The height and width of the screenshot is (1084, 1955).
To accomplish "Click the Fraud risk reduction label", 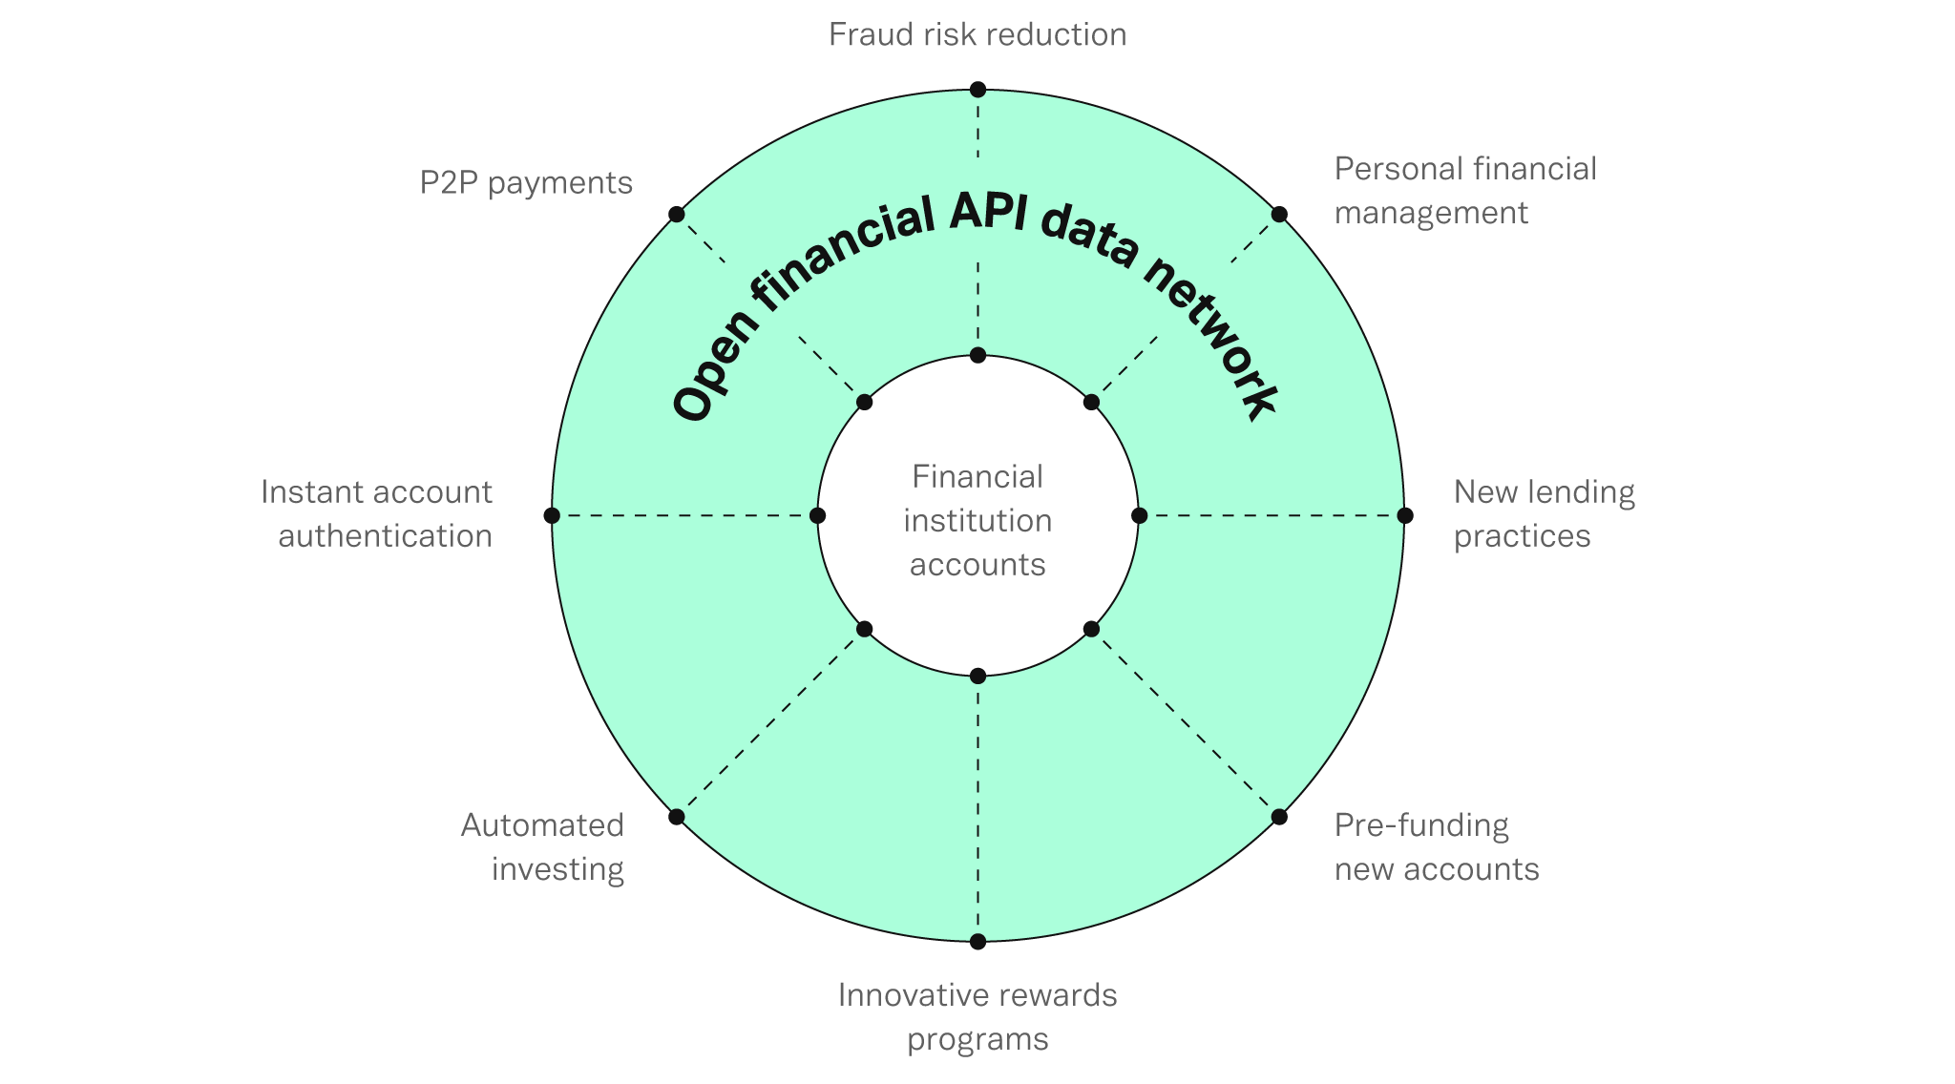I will pos(977,35).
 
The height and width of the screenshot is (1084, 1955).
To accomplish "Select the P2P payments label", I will pos(526,182).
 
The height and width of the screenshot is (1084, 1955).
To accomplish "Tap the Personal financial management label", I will pos(1464,191).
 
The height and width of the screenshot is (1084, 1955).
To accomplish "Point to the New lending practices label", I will pos(1544,514).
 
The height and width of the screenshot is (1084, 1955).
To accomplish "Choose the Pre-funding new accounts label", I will pos(1436,847).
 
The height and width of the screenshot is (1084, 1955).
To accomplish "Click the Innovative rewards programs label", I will pos(977,1016).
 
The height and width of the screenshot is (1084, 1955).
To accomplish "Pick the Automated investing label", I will pos(542,847).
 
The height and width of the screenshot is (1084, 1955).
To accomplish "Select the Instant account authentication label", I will pos(377,514).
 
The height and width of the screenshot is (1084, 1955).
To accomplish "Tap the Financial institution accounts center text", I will pos(977,520).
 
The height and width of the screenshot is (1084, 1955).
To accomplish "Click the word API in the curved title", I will pos(987,216).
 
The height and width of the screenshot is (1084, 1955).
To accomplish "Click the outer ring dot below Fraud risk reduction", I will pos(977,90).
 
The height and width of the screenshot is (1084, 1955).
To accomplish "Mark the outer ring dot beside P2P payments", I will pos(677,214).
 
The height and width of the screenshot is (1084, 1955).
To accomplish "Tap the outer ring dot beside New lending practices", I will pos(1404,515).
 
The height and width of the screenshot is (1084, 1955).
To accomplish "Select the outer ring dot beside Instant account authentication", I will pos(552,515).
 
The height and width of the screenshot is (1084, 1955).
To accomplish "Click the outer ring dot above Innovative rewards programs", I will pos(977,942).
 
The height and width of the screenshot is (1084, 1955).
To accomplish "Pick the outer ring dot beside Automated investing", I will pos(677,817).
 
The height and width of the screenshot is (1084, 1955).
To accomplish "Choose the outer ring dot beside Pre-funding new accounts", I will pos(1279,817).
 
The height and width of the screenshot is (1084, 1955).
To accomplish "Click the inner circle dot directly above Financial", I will pos(977,356).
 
